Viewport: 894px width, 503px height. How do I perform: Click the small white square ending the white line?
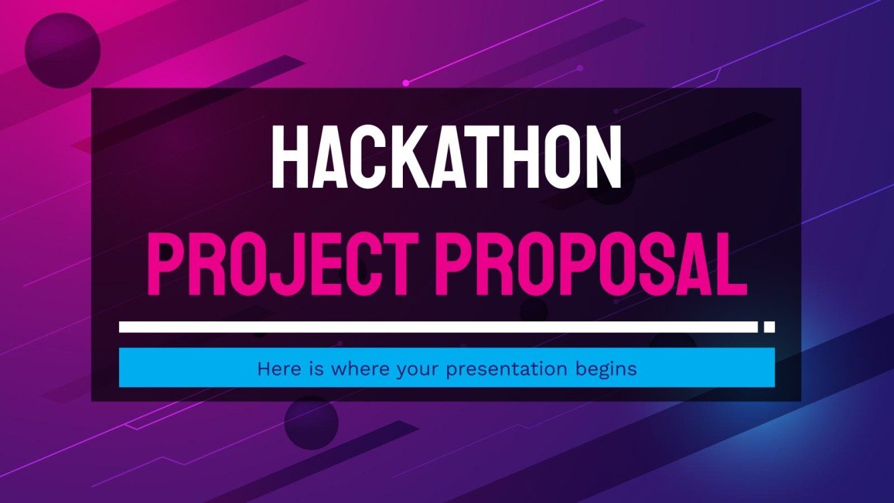[x=769, y=327]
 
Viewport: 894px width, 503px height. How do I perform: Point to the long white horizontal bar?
[x=438, y=327]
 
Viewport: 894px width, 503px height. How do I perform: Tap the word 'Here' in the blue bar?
[x=274, y=368]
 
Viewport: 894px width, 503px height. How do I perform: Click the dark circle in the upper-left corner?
[x=63, y=51]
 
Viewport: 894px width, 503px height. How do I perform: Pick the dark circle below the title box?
[x=311, y=422]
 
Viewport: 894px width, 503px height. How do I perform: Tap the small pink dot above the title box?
[x=406, y=83]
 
